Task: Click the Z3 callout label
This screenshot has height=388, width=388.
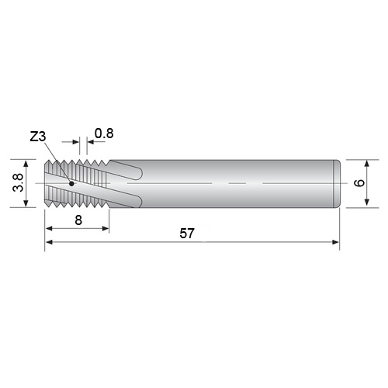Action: (x=38, y=137)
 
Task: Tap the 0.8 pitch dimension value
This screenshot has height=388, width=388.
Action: (x=104, y=133)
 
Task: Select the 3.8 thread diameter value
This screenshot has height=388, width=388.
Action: (x=18, y=182)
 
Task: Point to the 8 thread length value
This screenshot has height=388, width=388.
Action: (x=78, y=220)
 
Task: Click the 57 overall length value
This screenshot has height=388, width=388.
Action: (x=187, y=234)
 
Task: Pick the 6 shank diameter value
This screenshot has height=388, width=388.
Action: (x=359, y=182)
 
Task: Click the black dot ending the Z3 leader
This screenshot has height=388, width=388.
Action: (x=71, y=184)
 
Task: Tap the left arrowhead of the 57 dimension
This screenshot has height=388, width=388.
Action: (x=49, y=242)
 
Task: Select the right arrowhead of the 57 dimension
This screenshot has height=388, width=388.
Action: (x=335, y=242)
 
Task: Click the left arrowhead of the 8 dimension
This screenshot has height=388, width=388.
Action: (x=49, y=228)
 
